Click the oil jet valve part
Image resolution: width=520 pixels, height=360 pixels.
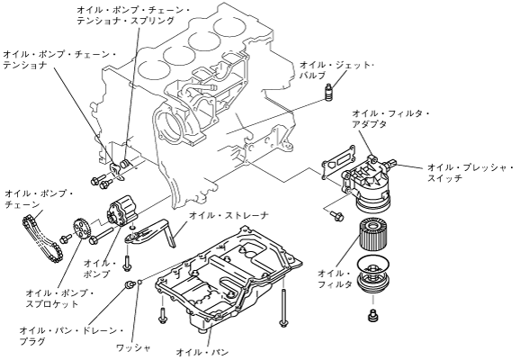328,93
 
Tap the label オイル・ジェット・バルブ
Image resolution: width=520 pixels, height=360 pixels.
336,70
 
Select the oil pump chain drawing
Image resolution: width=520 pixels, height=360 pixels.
41,238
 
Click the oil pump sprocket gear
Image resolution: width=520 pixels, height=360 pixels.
81,229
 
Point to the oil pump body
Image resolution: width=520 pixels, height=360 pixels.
121,211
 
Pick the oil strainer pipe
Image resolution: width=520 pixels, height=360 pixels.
150,234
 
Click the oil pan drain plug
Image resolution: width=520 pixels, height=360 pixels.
130,284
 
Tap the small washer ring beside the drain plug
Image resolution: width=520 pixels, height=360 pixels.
139,282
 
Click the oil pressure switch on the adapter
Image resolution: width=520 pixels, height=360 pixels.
390,163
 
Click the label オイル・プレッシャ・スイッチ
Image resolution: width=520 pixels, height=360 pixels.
471,173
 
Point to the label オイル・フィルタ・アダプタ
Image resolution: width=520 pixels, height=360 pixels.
390,119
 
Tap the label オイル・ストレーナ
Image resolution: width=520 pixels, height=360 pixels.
229,215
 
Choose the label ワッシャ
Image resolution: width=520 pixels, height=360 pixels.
134,347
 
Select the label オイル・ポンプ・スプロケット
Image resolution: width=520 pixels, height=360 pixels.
60,298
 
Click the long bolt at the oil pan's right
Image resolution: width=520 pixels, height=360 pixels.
283,308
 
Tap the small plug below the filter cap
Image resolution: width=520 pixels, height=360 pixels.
373,315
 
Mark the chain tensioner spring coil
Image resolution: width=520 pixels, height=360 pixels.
125,163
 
